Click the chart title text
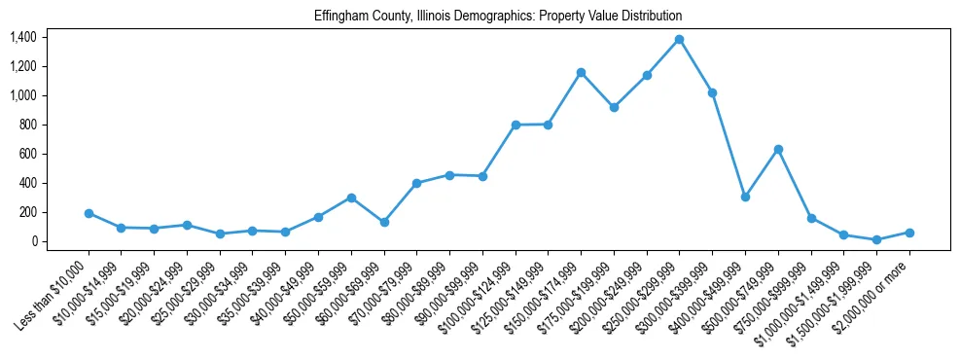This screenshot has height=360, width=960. click(x=498, y=17)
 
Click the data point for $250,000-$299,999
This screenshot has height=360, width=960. click(x=679, y=39)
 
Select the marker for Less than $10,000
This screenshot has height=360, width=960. click(x=89, y=213)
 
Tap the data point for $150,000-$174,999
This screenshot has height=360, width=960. click(x=581, y=72)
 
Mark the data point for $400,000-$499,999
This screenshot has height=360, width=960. click(x=745, y=197)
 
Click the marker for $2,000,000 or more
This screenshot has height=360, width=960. click(x=909, y=233)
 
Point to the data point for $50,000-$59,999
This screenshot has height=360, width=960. click(x=351, y=198)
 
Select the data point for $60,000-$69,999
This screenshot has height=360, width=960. click(x=384, y=222)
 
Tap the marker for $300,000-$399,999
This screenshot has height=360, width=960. click(x=712, y=92)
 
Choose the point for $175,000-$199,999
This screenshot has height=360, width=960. click(x=614, y=107)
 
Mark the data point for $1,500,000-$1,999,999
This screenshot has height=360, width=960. click(x=876, y=239)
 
